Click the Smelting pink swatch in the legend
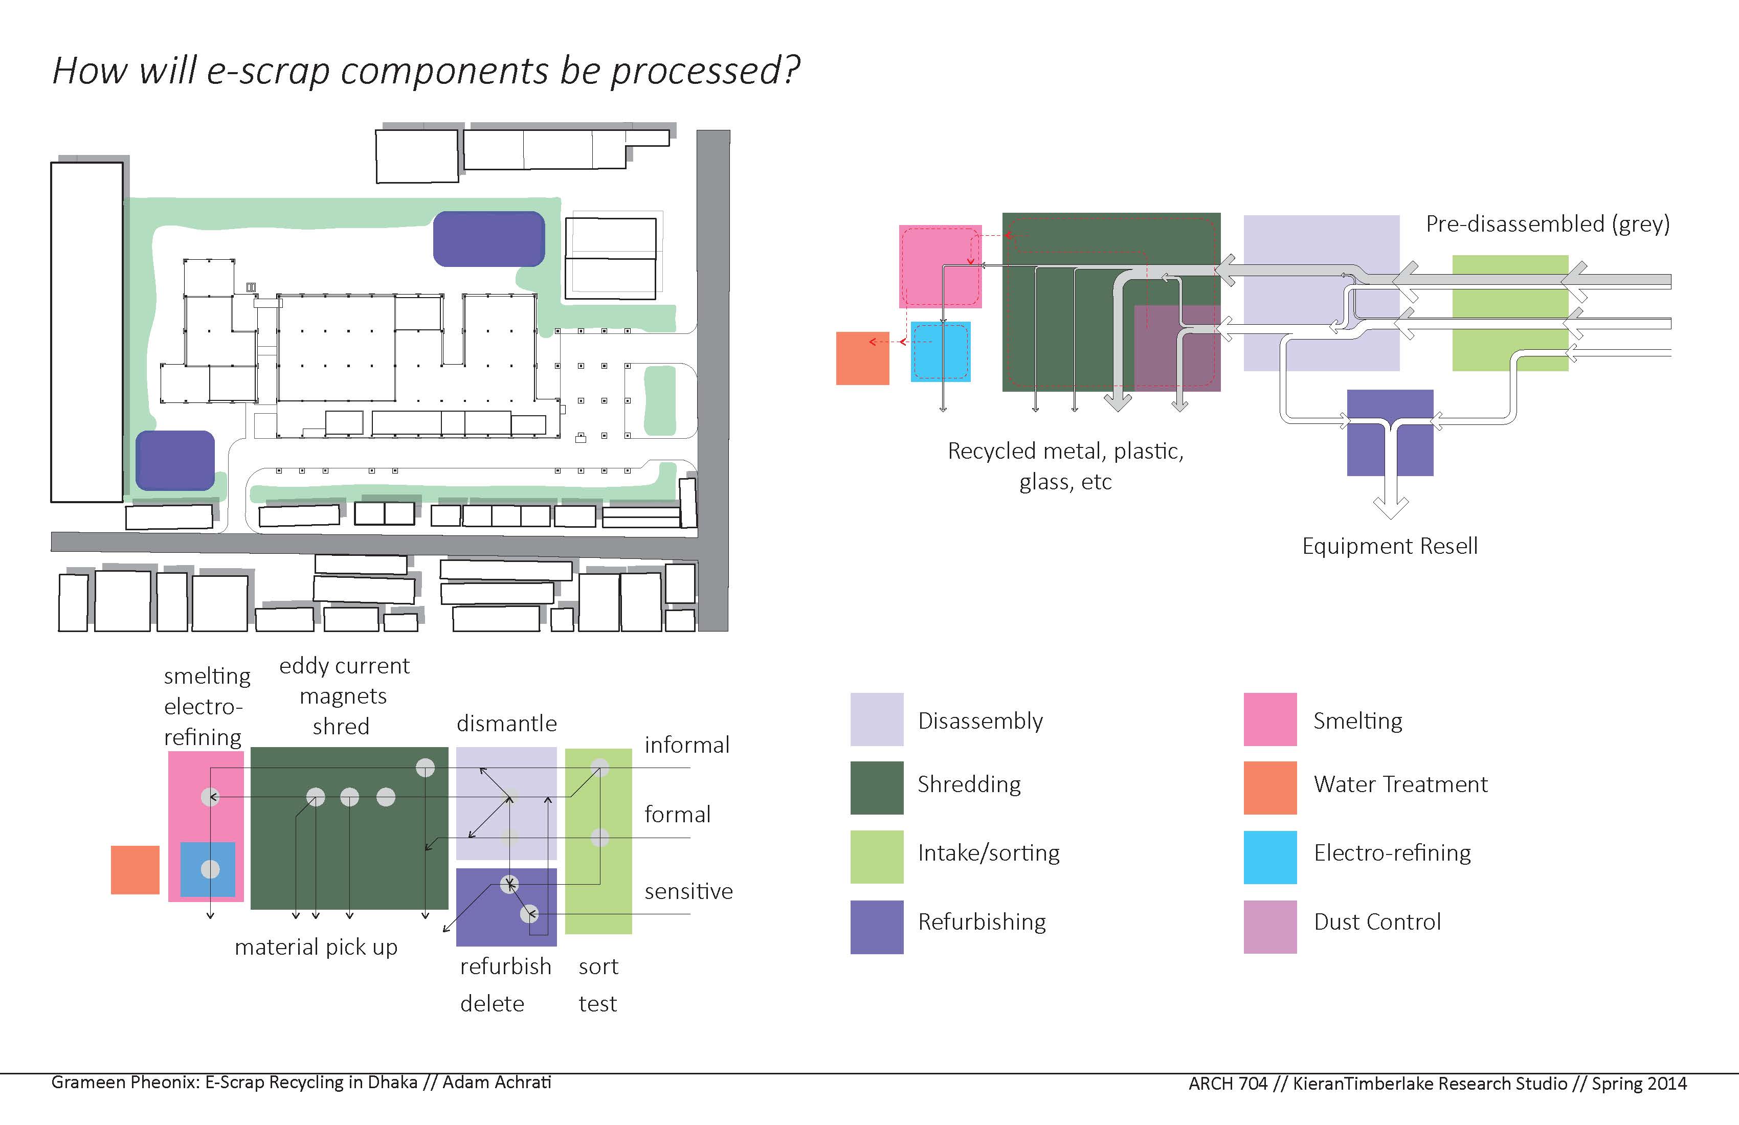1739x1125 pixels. pos(1270,719)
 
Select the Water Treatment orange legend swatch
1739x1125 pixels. pos(1270,787)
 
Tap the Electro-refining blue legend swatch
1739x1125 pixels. pos(1270,857)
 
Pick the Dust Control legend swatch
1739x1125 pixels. pos(1270,926)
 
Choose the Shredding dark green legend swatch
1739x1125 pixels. pos(877,787)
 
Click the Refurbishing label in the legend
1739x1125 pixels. pos(982,922)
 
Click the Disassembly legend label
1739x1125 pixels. pos(980,721)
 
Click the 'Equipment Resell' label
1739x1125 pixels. pos(1389,547)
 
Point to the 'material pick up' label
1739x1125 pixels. pos(316,947)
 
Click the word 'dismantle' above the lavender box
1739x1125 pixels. pos(506,723)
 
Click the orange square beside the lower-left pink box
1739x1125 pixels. pos(135,869)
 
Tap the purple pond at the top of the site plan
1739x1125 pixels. pos(489,239)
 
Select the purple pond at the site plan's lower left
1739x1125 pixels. pos(175,460)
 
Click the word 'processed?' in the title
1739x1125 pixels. pos(705,71)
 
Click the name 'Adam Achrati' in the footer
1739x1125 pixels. pos(496,1082)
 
